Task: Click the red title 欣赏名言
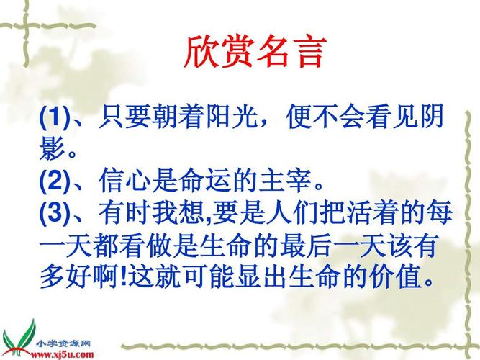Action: (255, 52)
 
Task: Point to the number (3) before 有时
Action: (53, 212)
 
